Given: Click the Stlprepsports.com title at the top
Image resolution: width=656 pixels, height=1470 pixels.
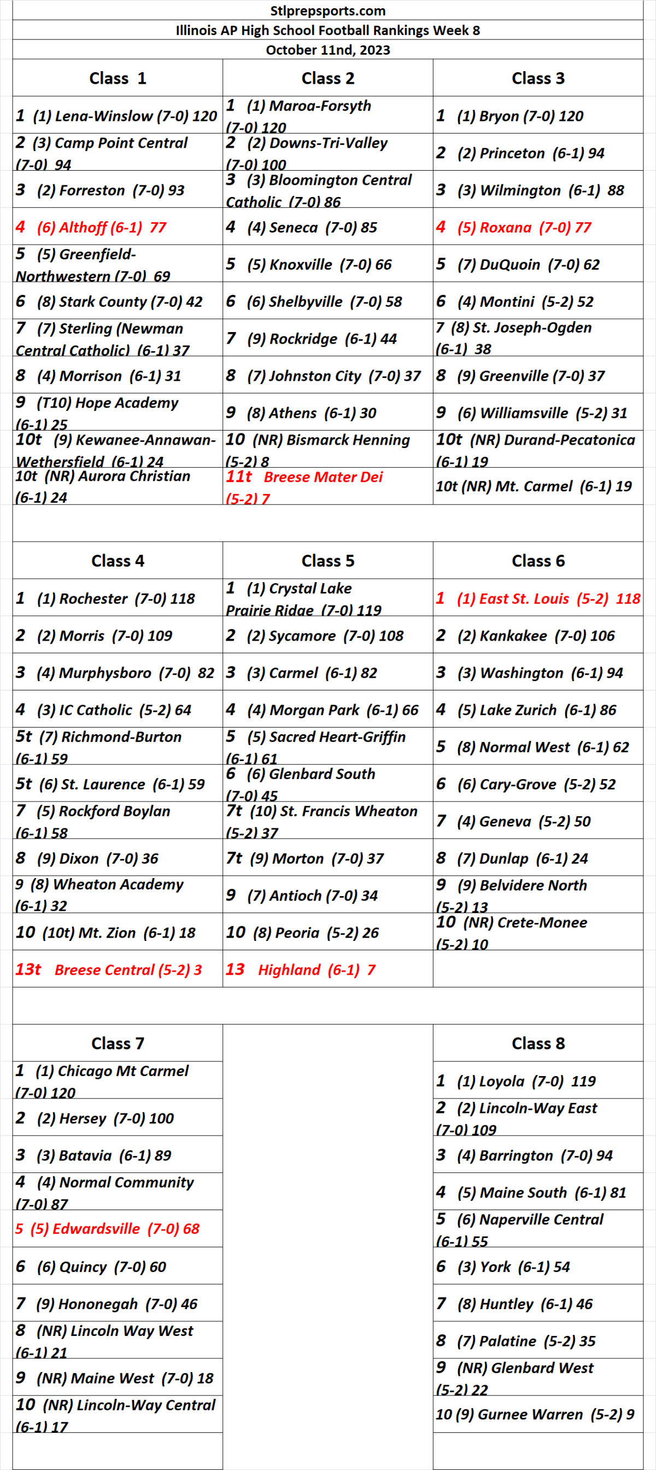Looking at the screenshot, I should (x=327, y=11).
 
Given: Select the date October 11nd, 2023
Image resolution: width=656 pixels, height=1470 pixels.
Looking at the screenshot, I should (x=327, y=50).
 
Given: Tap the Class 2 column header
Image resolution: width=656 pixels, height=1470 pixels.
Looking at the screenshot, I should (x=327, y=78).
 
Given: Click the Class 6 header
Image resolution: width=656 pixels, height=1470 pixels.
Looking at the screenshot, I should (x=537, y=561).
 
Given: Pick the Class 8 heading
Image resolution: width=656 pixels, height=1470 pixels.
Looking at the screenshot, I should (x=537, y=1043).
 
